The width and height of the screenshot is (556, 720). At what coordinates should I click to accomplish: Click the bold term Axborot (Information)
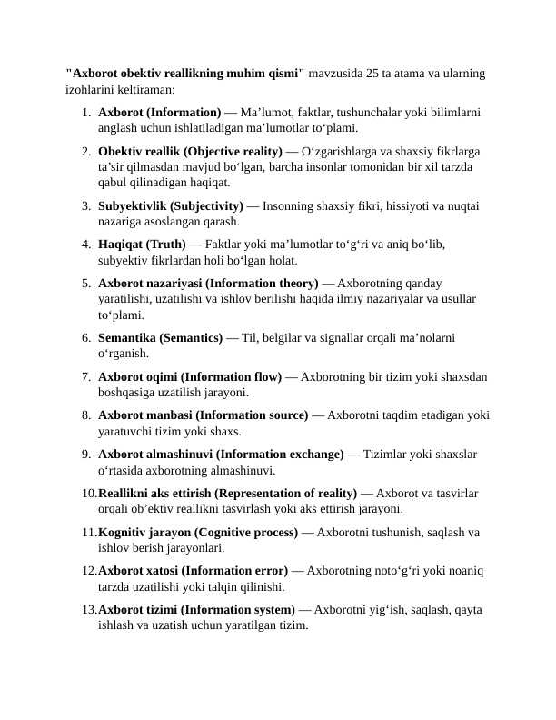coord(159,112)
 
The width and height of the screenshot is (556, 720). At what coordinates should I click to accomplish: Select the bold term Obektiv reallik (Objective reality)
coord(190,151)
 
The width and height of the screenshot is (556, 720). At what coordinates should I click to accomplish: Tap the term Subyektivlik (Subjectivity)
coord(170,205)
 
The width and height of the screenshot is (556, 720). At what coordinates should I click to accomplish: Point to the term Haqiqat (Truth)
coord(142,245)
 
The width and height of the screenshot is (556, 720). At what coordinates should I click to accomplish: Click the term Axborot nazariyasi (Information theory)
coord(208,284)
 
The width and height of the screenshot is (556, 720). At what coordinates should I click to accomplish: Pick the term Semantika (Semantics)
coord(160,337)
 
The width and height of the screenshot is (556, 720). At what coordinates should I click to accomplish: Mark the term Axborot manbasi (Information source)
coord(203,415)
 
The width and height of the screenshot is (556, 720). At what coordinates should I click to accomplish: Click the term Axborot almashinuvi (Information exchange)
coord(221,454)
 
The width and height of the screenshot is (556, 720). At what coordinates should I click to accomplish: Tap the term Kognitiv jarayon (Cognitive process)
coord(198,532)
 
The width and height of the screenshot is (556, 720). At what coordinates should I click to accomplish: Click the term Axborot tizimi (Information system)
coord(195,610)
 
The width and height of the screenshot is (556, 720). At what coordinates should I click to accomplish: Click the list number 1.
coord(84,112)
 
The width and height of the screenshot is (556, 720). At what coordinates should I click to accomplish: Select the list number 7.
coord(84,376)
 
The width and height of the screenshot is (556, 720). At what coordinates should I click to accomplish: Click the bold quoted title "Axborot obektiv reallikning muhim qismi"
coord(185,74)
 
